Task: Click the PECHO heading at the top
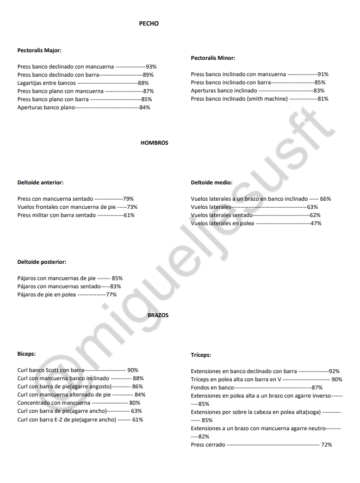(x=148, y=24)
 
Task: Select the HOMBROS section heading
(x=154, y=143)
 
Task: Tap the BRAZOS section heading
(x=158, y=315)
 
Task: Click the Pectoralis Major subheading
(x=39, y=50)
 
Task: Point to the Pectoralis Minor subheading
(x=213, y=58)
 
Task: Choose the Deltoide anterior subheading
(x=40, y=183)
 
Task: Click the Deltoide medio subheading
(x=212, y=183)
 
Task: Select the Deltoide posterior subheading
(x=41, y=262)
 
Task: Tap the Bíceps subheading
(x=26, y=354)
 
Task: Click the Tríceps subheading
(x=201, y=355)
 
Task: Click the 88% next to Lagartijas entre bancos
(x=143, y=83)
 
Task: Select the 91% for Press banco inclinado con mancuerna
(x=322, y=75)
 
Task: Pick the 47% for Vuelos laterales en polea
(x=315, y=224)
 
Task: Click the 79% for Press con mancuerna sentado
(x=128, y=199)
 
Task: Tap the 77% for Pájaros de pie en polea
(x=111, y=295)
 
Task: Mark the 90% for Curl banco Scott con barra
(x=133, y=370)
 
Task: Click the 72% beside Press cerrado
(x=326, y=445)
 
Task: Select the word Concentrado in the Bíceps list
(x=34, y=403)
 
